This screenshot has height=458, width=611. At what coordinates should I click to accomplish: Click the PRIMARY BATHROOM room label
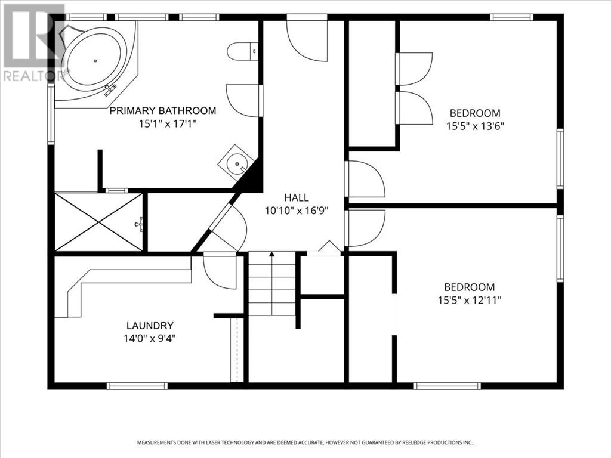[162, 110]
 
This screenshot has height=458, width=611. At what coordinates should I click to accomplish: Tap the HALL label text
[297, 197]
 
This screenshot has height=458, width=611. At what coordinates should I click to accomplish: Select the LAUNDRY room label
[150, 326]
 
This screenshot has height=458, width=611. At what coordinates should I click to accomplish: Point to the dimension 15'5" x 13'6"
[476, 126]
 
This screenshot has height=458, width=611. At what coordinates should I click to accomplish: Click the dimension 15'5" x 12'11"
[470, 301]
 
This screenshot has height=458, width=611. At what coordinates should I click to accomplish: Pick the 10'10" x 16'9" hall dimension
[297, 211]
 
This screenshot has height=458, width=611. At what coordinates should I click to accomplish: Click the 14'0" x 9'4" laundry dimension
[150, 339]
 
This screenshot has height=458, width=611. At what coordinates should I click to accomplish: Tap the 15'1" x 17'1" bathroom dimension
[168, 124]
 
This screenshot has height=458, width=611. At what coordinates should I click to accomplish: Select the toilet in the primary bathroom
[242, 51]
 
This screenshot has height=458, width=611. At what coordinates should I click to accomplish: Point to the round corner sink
[236, 162]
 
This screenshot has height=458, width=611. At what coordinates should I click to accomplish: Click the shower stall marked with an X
[99, 222]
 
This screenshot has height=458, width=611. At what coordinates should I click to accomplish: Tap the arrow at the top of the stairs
[272, 254]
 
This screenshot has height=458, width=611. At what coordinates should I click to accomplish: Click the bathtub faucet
[110, 90]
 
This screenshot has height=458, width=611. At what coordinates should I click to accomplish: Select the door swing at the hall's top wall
[307, 41]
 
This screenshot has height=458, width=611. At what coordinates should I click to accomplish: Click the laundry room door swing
[220, 271]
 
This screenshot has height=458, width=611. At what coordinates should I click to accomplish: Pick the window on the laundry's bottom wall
[137, 386]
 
